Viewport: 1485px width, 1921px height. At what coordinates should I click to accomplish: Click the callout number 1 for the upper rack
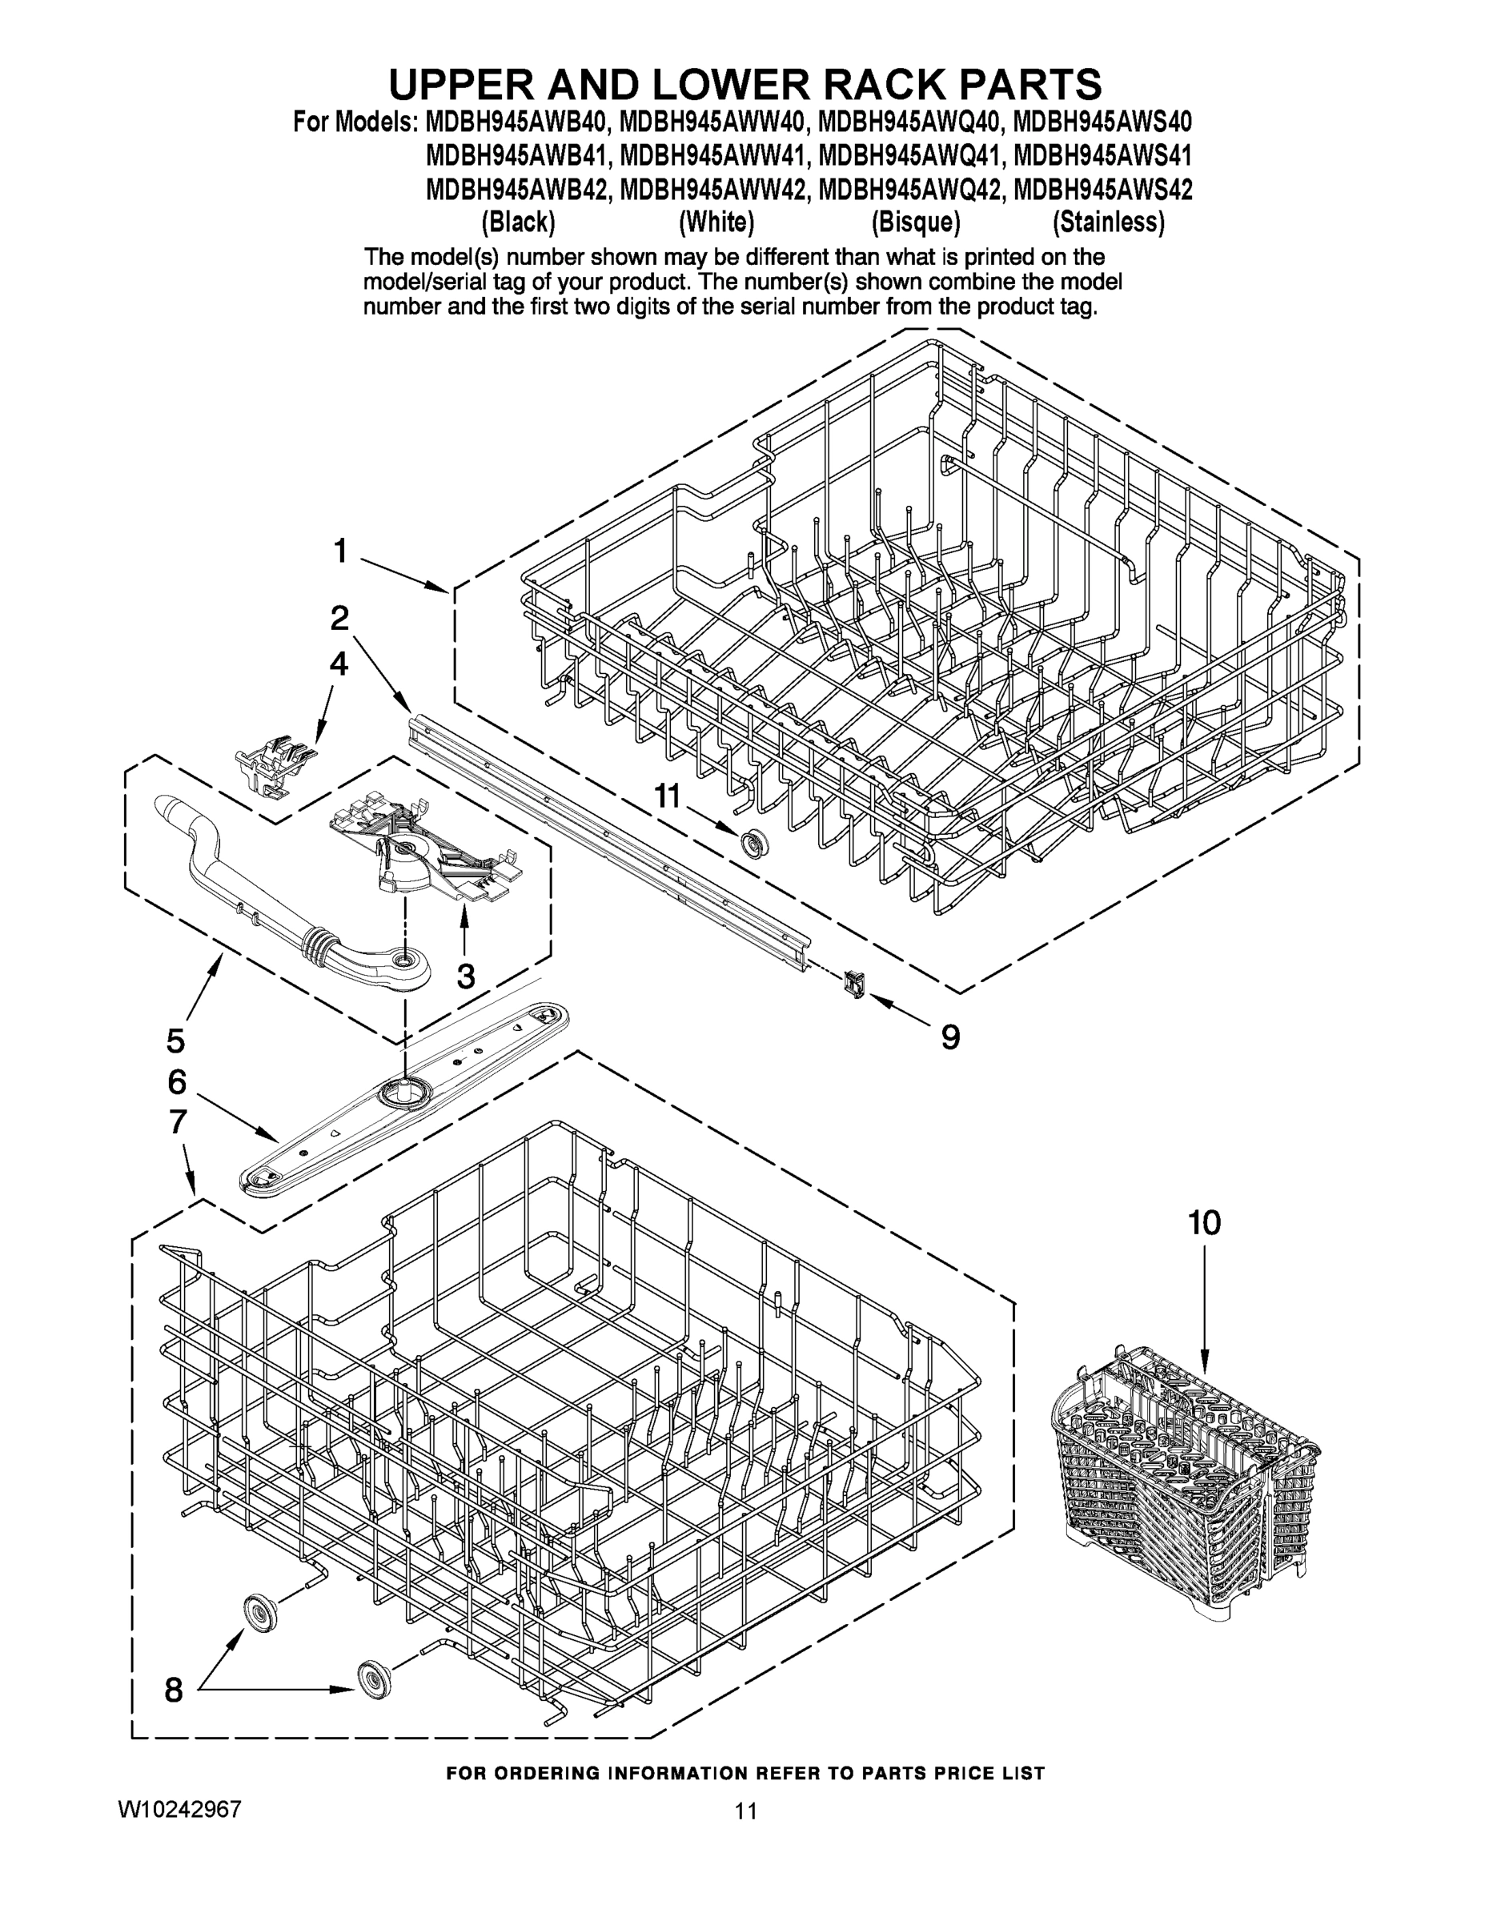coord(339,551)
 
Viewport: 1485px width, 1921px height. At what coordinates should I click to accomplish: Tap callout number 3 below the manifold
coord(466,976)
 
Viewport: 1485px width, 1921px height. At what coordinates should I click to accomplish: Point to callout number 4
coord(339,664)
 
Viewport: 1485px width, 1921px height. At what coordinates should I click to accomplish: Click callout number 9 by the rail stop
coord(950,1037)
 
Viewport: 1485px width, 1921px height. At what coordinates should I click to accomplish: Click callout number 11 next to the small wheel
coord(667,796)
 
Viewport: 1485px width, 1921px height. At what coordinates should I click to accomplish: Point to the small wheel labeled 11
coord(754,843)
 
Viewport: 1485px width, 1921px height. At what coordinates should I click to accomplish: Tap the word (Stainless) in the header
coord(1109,223)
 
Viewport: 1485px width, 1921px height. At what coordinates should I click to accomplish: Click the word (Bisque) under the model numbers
coord(915,223)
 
